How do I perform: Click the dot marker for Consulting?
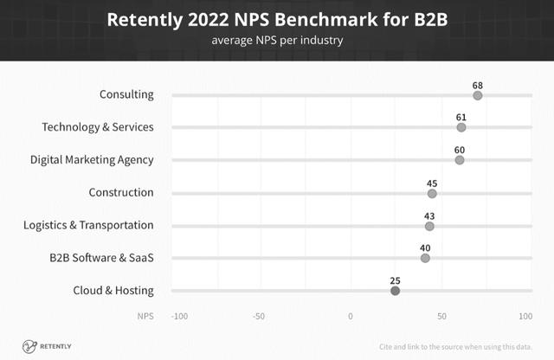click(x=478, y=95)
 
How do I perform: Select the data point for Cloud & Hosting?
click(x=396, y=291)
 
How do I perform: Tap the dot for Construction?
click(x=432, y=193)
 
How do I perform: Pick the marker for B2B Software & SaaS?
click(x=425, y=258)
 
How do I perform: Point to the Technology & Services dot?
click(x=461, y=127)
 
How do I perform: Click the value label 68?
click(x=478, y=85)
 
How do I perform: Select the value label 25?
click(x=395, y=280)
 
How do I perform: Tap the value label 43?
click(x=429, y=215)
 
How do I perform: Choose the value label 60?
click(x=460, y=149)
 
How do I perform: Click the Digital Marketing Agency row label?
click(x=92, y=160)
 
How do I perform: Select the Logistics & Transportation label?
click(x=88, y=225)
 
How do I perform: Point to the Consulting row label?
click(x=126, y=94)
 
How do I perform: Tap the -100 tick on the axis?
click(x=180, y=316)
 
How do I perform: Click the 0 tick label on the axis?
click(x=351, y=316)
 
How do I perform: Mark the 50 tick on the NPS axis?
click(x=441, y=316)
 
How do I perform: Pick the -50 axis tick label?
click(x=259, y=316)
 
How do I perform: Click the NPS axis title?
click(x=145, y=316)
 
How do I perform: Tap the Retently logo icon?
click(x=29, y=345)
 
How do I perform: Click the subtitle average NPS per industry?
click(x=277, y=40)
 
